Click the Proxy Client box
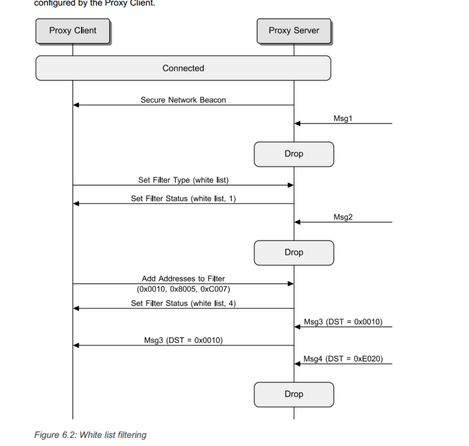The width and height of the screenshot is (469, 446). (x=73, y=31)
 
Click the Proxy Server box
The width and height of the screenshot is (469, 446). (x=294, y=31)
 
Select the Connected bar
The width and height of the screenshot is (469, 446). (x=183, y=68)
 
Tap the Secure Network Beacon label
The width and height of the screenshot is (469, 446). (x=183, y=100)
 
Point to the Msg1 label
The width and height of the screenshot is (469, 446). (x=343, y=118)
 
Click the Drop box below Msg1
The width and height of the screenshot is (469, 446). (x=294, y=154)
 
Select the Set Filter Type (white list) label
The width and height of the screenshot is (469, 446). (x=183, y=180)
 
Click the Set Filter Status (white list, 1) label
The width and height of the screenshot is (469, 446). (x=183, y=199)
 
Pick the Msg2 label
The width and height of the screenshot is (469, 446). (x=343, y=217)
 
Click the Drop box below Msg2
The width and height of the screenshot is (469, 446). (x=294, y=253)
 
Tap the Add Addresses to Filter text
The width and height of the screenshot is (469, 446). (x=183, y=279)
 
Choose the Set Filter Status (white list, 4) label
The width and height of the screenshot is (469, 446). (x=183, y=303)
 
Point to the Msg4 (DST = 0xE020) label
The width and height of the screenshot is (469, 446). (x=343, y=359)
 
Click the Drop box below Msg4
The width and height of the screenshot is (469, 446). (x=294, y=394)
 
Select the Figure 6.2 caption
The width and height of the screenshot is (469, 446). (x=90, y=435)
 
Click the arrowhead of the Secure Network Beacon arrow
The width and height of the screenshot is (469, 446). (x=76, y=105)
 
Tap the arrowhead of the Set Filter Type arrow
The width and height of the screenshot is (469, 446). (x=290, y=185)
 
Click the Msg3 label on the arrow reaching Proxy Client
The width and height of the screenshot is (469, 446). (x=183, y=340)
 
